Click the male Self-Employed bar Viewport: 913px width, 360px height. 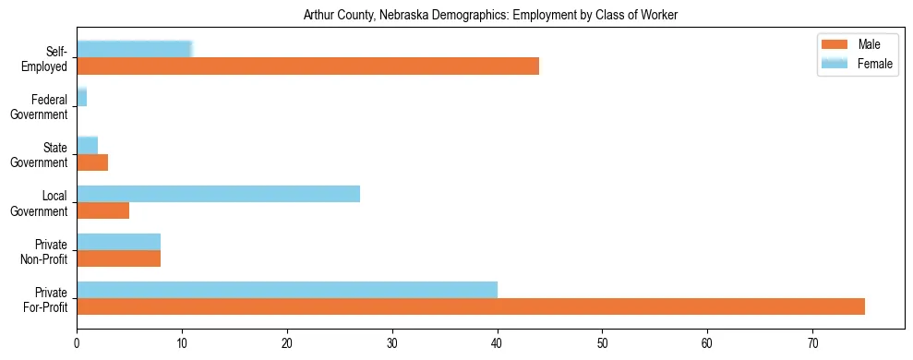click(x=307, y=66)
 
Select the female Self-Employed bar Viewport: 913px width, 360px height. click(x=135, y=49)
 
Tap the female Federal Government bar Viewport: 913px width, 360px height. click(x=82, y=97)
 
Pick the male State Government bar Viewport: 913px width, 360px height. click(x=92, y=162)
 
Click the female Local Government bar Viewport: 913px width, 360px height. click(x=218, y=194)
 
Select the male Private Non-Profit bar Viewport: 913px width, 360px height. click(x=118, y=258)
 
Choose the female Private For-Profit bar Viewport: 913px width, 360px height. click(x=287, y=290)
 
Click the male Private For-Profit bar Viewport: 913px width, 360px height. click(x=471, y=306)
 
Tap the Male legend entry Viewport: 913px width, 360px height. click(x=856, y=45)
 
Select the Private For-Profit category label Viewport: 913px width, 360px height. click(x=46, y=299)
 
